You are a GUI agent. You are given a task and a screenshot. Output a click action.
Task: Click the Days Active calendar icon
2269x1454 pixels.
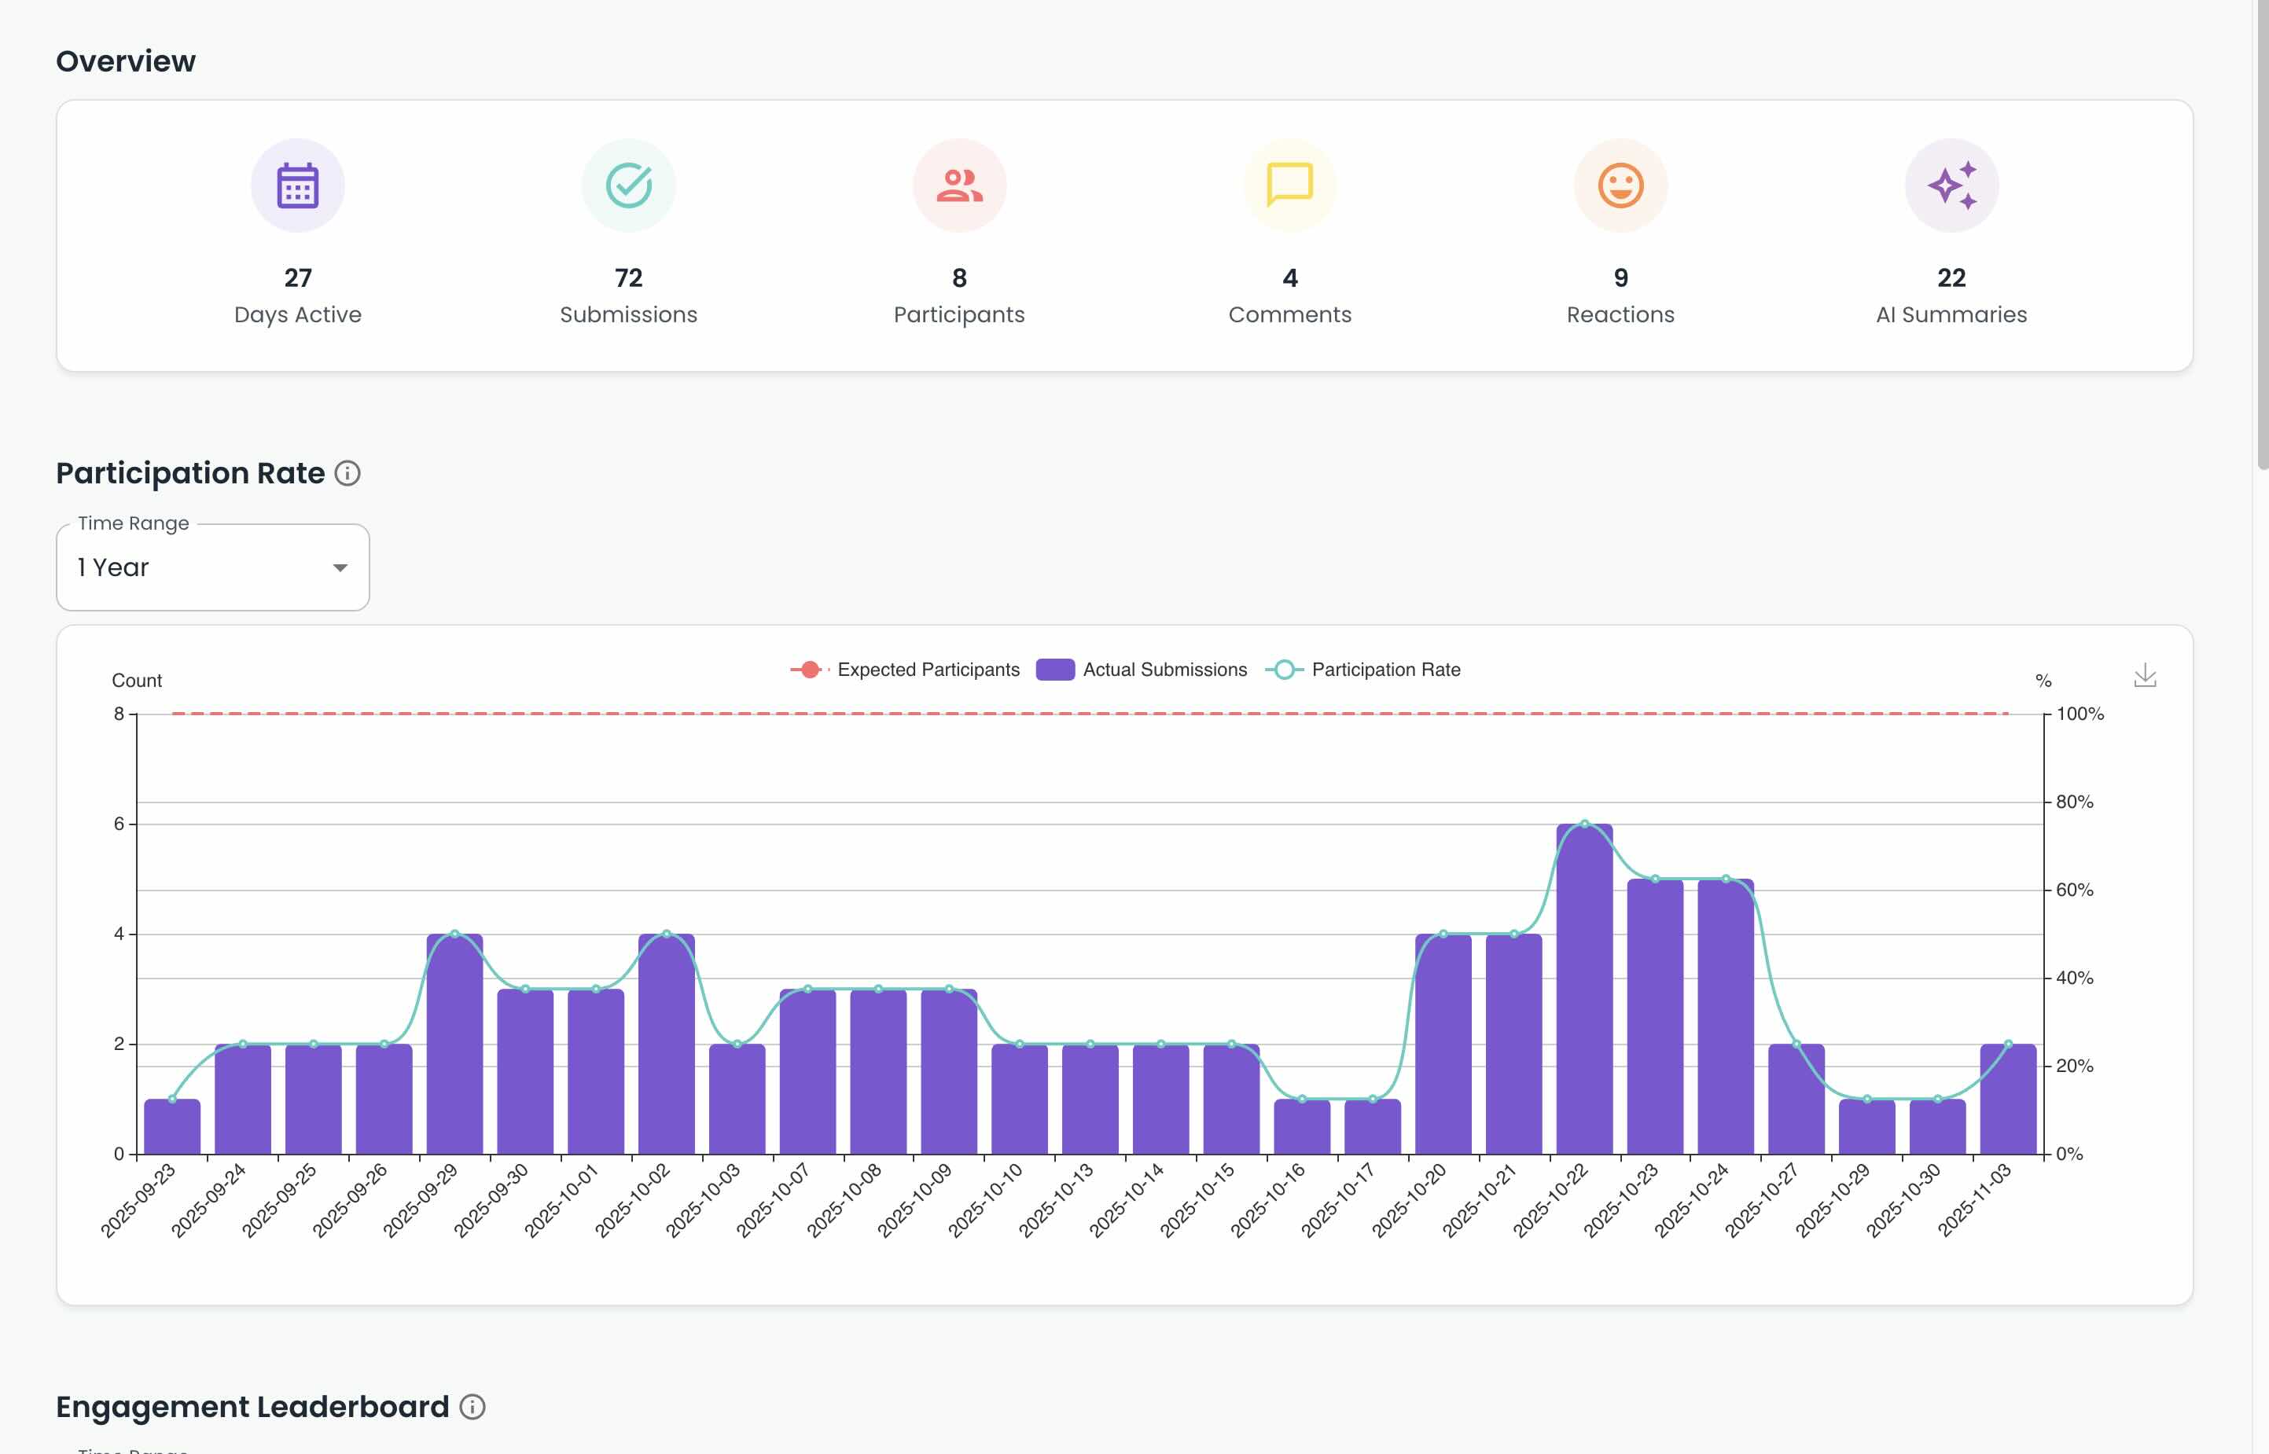click(297, 186)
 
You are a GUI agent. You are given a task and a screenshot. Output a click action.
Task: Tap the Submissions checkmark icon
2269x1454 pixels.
click(629, 186)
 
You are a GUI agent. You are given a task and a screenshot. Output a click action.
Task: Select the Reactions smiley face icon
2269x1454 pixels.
click(1620, 186)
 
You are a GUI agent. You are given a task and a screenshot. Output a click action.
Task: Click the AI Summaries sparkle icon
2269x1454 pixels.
click(1951, 186)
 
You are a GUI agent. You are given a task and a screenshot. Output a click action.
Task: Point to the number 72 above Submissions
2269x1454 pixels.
click(629, 277)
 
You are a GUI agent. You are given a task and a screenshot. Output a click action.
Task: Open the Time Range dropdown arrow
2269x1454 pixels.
click(340, 567)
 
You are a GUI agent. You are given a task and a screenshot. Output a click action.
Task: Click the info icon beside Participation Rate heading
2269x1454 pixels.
click(348, 473)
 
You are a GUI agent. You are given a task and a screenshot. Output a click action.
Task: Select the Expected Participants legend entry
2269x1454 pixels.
click(906, 670)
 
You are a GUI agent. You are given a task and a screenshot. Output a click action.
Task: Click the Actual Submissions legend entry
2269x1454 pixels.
click(1142, 670)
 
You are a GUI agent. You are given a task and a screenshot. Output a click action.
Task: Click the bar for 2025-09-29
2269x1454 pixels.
click(454, 1045)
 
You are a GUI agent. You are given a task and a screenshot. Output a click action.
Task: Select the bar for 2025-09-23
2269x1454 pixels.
click(172, 1126)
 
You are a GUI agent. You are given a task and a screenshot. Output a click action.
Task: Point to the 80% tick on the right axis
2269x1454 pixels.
click(2075, 802)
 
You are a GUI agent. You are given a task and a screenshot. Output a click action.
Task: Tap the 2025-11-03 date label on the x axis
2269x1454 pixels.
click(1975, 1199)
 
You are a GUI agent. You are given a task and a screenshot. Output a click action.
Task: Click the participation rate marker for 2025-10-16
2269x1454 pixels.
click(1302, 1099)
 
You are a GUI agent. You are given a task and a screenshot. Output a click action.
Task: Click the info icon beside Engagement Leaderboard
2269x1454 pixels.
click(472, 1407)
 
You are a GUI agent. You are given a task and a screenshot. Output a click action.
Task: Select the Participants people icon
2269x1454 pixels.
click(959, 186)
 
